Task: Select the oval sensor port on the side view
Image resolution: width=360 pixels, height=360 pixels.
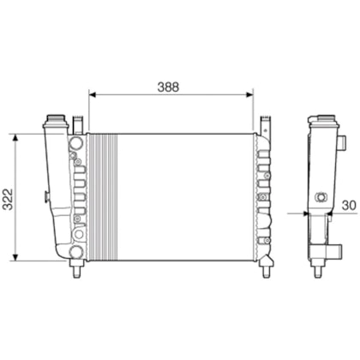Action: pyautogui.click(x=321, y=197)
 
